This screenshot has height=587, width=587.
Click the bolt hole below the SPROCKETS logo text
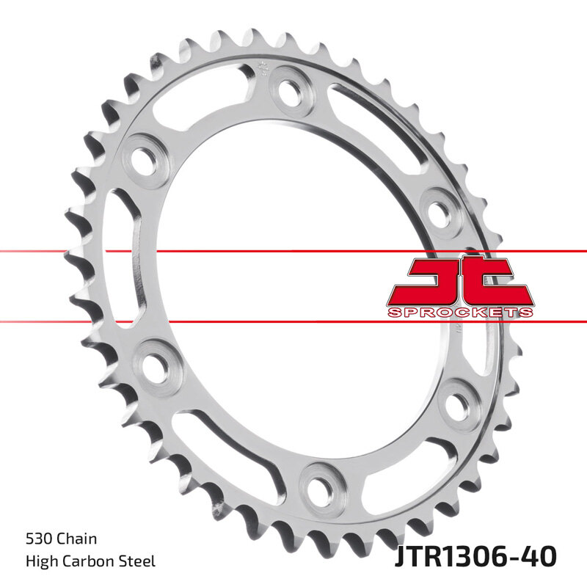(460, 403)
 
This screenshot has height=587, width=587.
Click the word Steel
(139, 562)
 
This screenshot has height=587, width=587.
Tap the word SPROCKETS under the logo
(460, 312)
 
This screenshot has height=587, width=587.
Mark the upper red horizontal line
(293, 252)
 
